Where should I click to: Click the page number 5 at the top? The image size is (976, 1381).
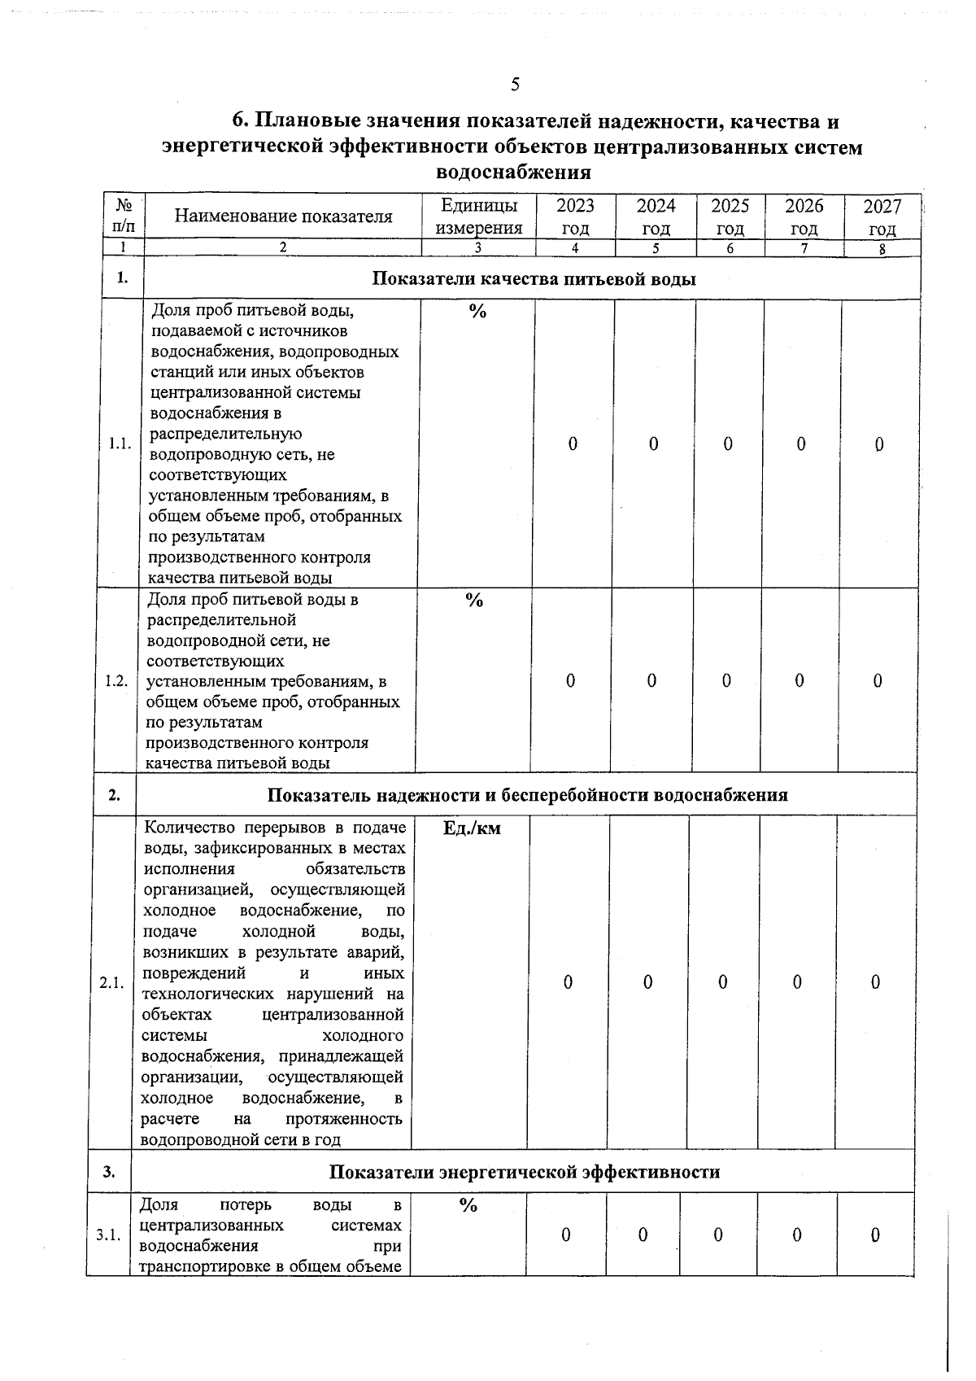pyautogui.click(x=515, y=85)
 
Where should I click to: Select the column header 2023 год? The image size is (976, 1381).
pyautogui.click(x=575, y=216)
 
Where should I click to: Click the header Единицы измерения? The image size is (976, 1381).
pyautogui.click(x=478, y=216)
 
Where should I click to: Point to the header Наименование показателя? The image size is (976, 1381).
pyautogui.click(x=283, y=216)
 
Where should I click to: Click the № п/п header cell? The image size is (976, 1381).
pyautogui.click(x=124, y=216)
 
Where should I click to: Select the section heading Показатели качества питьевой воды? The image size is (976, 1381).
pyautogui.click(x=534, y=279)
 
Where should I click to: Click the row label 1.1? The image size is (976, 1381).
pyautogui.click(x=120, y=444)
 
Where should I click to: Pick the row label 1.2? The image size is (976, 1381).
pyautogui.click(x=117, y=681)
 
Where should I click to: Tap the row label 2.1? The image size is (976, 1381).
pyautogui.click(x=111, y=983)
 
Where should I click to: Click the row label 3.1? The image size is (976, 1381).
pyautogui.click(x=108, y=1236)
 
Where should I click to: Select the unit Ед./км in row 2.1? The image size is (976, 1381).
pyautogui.click(x=472, y=829)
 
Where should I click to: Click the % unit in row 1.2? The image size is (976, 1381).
pyautogui.click(x=474, y=601)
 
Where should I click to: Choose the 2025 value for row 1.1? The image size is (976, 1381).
pyautogui.click(x=728, y=444)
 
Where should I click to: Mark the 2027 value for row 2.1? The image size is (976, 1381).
pyautogui.click(x=875, y=983)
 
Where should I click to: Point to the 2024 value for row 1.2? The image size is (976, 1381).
pyautogui.click(x=651, y=681)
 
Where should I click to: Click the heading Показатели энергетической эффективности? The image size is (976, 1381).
pyautogui.click(x=525, y=1172)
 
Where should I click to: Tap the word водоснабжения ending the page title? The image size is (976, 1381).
pyautogui.click(x=513, y=173)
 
